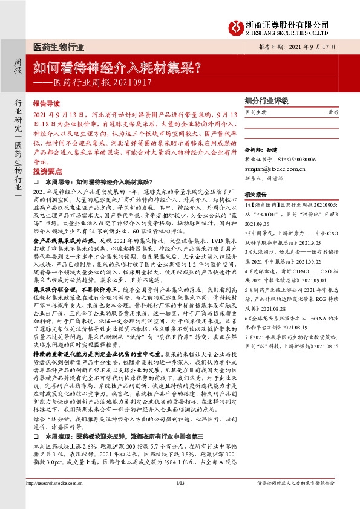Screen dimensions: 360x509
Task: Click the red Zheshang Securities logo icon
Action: [234, 27]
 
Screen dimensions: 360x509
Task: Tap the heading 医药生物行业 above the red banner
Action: [58, 47]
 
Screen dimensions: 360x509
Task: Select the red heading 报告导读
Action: [46, 104]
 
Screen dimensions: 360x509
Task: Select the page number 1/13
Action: [180, 499]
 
